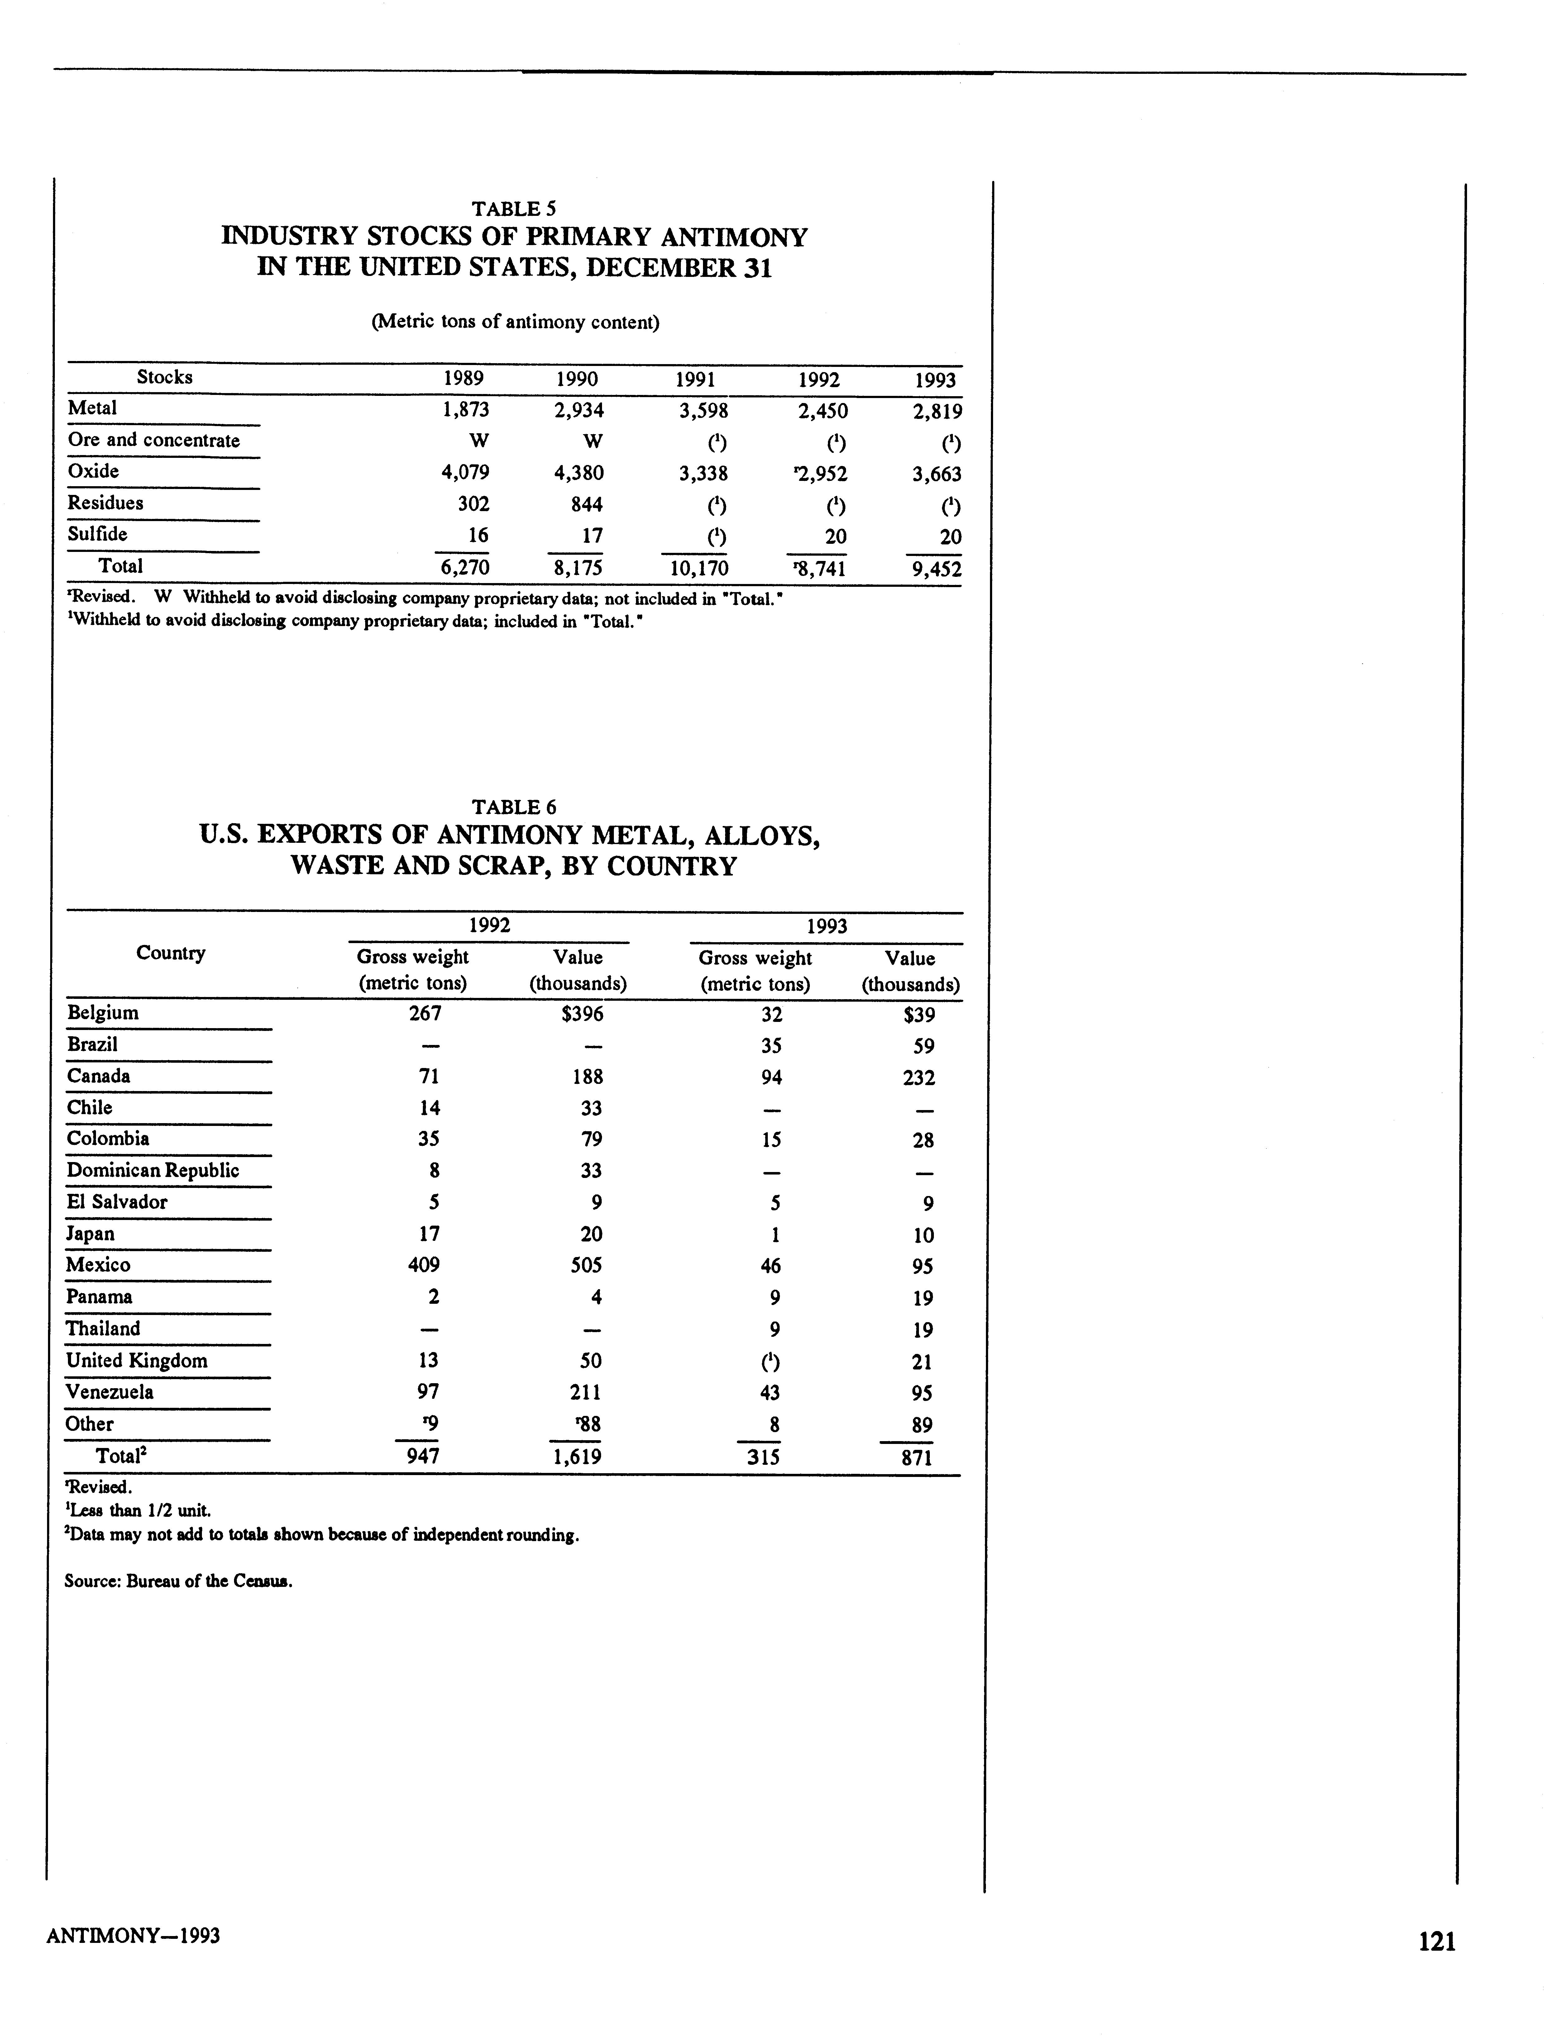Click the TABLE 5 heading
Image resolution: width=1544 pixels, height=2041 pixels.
(514, 209)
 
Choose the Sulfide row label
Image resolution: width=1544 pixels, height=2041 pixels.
(98, 534)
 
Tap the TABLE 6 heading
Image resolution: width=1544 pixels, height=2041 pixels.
(514, 806)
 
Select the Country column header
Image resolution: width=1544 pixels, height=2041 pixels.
(171, 953)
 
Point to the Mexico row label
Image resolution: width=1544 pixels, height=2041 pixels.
(98, 1265)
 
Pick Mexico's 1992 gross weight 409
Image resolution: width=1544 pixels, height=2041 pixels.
(423, 1265)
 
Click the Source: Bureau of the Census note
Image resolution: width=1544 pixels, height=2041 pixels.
(178, 1581)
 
